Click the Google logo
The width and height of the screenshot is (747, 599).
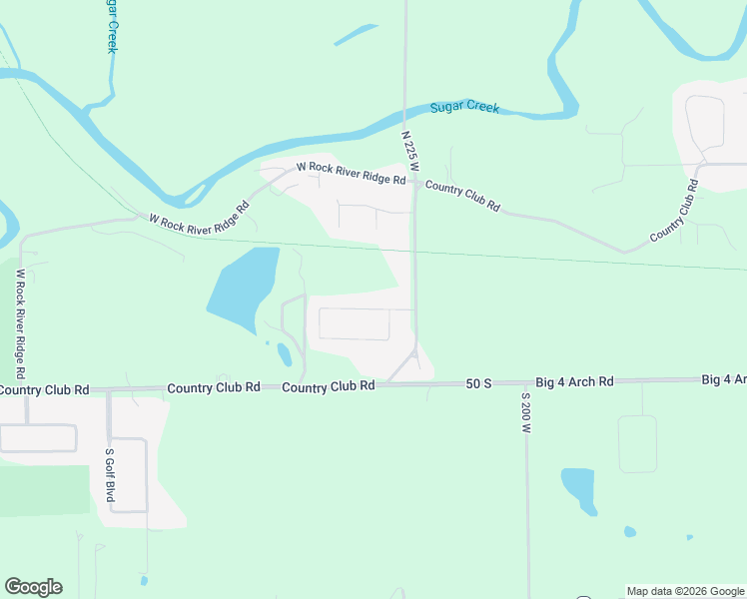(33, 587)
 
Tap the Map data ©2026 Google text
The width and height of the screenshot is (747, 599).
(685, 591)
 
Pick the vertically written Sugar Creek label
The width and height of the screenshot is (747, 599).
(112, 26)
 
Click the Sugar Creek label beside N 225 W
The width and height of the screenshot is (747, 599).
(464, 108)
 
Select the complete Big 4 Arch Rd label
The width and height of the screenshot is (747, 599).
(574, 381)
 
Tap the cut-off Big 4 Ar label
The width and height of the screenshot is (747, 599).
(724, 380)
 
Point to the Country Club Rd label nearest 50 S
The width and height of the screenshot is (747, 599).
(328, 385)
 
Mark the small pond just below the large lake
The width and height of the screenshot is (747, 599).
(284, 354)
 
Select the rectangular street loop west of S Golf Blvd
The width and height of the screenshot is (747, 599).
(37, 437)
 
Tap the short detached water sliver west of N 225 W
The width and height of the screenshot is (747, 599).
(356, 35)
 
